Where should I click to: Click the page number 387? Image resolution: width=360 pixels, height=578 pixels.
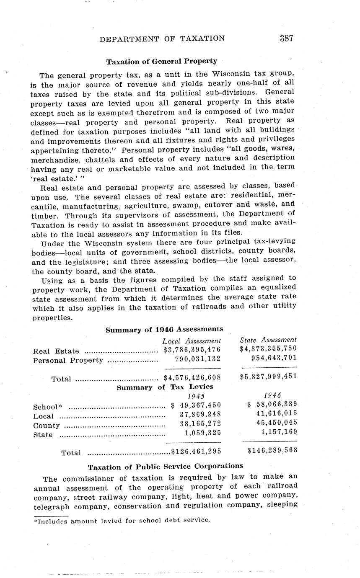[286, 39]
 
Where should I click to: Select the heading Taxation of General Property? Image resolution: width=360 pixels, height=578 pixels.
[161, 62]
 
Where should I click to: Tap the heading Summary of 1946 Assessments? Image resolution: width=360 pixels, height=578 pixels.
[164, 330]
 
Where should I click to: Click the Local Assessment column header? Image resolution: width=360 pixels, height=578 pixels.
[192, 341]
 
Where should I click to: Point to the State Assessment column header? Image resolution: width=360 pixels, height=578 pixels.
[268, 340]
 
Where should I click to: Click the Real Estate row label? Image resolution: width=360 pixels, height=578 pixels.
[55, 351]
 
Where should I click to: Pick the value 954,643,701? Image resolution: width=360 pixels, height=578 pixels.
[274, 358]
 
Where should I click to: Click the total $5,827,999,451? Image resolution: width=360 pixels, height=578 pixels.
[268, 376]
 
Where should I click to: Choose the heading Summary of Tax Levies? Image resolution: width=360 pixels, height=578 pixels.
[165, 387]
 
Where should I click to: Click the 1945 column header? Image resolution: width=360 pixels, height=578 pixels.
[196, 396]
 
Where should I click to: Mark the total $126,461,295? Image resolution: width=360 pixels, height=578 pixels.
[196, 452]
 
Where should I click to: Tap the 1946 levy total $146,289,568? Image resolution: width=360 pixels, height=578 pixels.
[272, 451]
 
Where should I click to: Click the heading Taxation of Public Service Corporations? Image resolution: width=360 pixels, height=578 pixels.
[165, 466]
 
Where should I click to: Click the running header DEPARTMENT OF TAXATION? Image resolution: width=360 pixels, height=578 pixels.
[162, 39]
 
